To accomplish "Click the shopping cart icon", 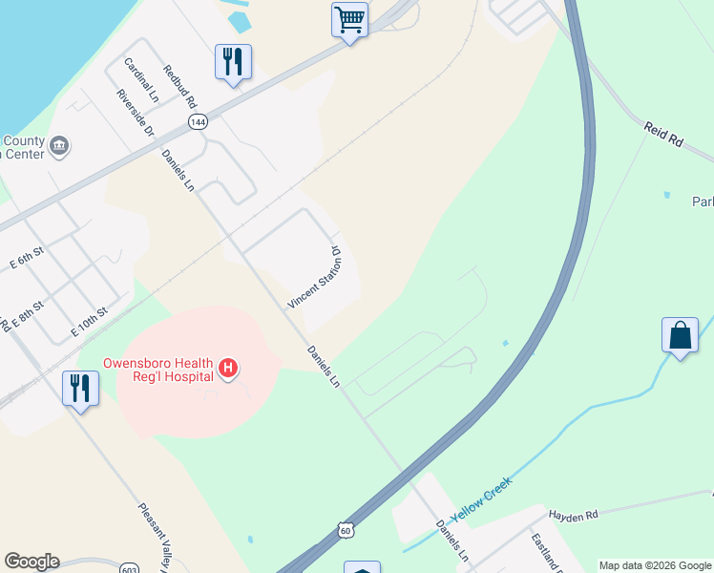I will click(x=350, y=19).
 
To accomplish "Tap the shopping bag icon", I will click(x=680, y=336).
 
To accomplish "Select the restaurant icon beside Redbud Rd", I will click(x=233, y=62).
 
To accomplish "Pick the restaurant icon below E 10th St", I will click(x=80, y=389).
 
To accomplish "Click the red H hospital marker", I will click(x=228, y=367).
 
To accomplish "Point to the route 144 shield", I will click(x=198, y=122).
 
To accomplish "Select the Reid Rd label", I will click(x=664, y=134).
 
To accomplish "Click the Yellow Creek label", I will click(x=481, y=499).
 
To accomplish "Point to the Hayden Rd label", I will click(x=573, y=514).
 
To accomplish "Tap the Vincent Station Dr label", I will click(x=315, y=278).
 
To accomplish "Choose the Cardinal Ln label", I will click(x=141, y=79).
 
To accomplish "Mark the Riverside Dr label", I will click(x=135, y=113).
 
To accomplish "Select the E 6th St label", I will click(x=26, y=258).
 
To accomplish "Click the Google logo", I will click(x=31, y=562).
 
